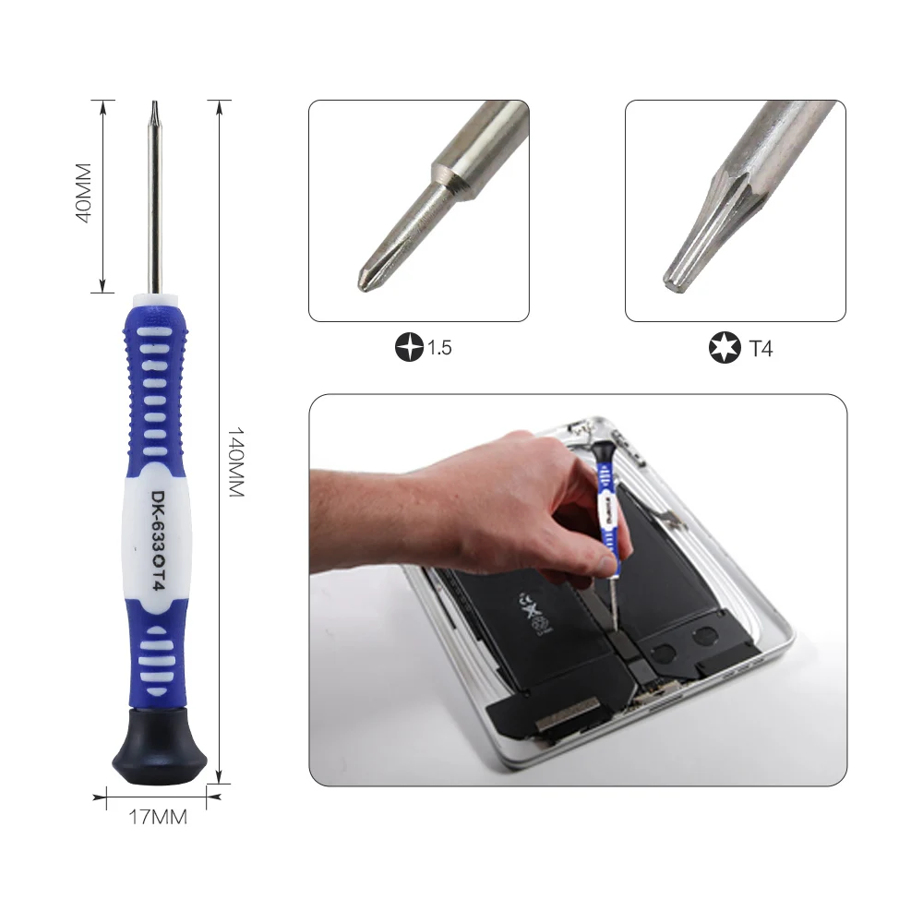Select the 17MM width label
coord(157,817)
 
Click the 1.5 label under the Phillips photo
coord(438,349)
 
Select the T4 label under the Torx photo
coord(761,349)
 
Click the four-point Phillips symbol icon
coord(407,349)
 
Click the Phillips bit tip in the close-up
coord(367,277)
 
